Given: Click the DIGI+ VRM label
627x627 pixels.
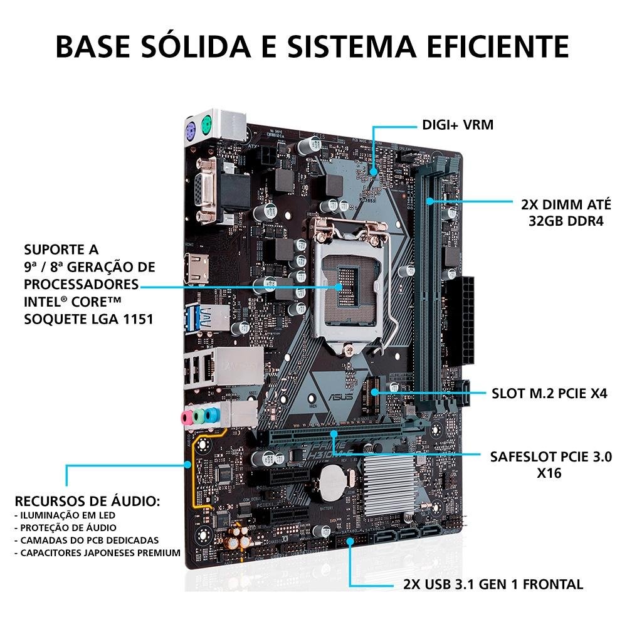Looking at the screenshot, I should (x=457, y=125).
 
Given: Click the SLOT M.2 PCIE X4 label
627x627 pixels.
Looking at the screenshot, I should (x=550, y=394).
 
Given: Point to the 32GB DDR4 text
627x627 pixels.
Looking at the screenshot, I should (x=561, y=221).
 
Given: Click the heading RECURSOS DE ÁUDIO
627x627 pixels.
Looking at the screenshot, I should (x=87, y=502).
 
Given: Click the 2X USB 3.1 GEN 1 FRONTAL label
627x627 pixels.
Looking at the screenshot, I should (x=493, y=584).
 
